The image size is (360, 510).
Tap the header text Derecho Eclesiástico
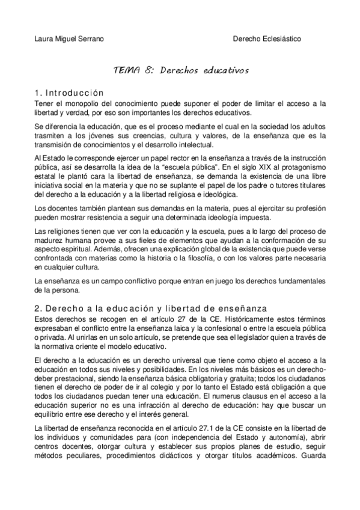tap(267, 38)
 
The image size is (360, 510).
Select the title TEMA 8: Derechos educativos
tap(180, 70)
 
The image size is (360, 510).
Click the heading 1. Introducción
tap(69, 93)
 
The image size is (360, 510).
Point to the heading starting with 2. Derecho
tap(150, 308)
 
